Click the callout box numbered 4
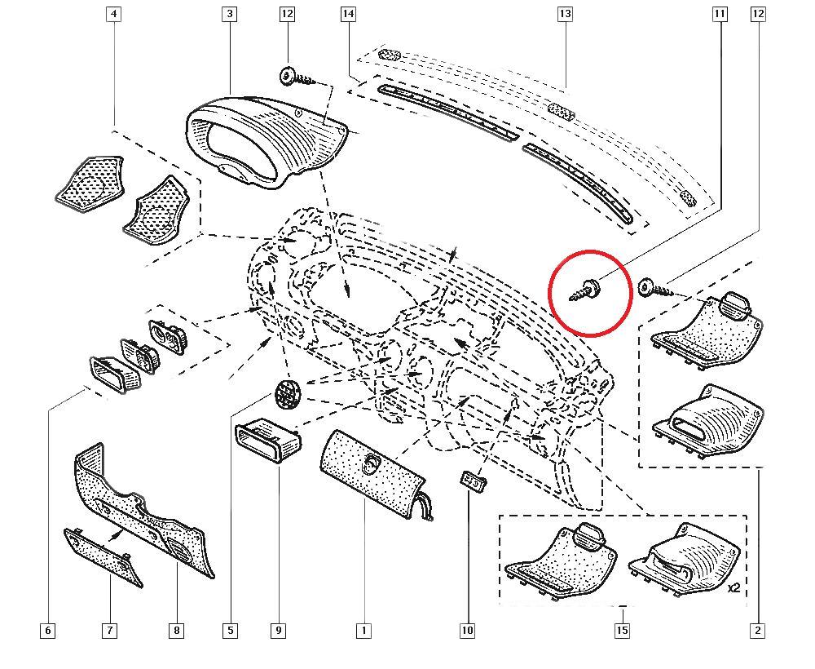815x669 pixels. [x=113, y=14]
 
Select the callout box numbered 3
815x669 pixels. [x=229, y=14]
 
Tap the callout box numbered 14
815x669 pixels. [x=348, y=14]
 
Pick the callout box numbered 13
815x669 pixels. [x=565, y=14]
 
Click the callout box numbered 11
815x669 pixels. [x=720, y=14]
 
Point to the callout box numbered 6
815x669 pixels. [x=47, y=631]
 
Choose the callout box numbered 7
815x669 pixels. [x=110, y=631]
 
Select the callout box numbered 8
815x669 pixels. [x=176, y=631]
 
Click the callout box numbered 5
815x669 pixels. [x=231, y=631]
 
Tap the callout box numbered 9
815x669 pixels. [x=279, y=631]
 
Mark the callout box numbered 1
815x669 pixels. [x=363, y=631]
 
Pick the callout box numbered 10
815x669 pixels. [x=467, y=631]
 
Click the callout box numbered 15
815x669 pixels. [x=622, y=631]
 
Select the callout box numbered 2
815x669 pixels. [x=758, y=631]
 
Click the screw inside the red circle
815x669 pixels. [x=585, y=290]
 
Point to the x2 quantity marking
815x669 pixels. [x=733, y=588]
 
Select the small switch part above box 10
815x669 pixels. [x=473, y=481]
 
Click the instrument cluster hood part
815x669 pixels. [x=265, y=140]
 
